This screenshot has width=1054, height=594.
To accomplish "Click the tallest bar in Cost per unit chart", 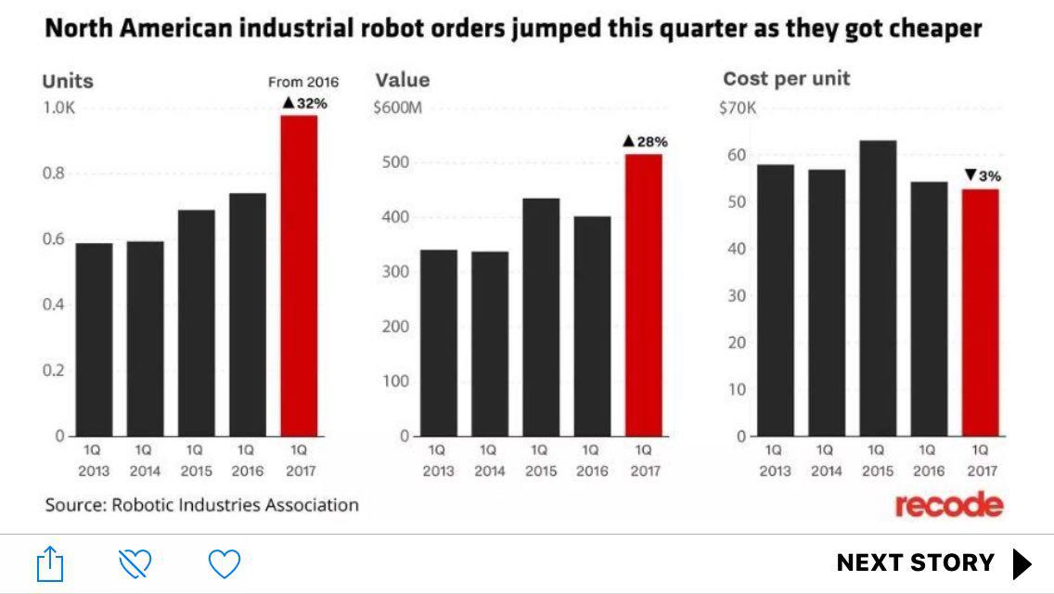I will [x=878, y=289].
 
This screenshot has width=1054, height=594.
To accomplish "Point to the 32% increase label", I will [x=305, y=103].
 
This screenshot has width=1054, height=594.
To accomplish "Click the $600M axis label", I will [x=397, y=108].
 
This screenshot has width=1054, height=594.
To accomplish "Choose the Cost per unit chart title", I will [x=786, y=79].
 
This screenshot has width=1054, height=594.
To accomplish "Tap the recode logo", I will [x=948, y=506].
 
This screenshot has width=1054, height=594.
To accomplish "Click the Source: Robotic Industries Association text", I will [x=201, y=506].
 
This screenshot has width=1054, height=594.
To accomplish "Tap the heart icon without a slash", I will [x=224, y=563].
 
